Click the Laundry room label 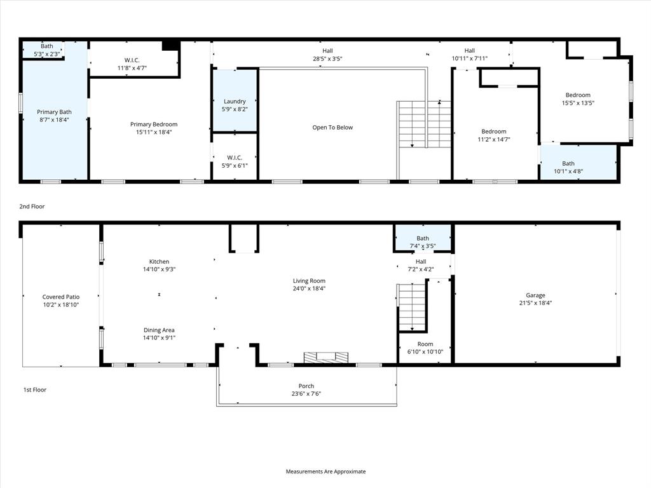[x=235, y=101]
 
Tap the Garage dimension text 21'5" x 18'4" [x=535, y=303]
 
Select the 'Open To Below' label [x=332, y=127]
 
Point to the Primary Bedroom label [x=154, y=124]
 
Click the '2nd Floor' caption [x=32, y=207]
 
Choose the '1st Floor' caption [x=34, y=390]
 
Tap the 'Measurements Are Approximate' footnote [x=325, y=471]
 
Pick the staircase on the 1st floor [x=412, y=307]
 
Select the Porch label [x=306, y=386]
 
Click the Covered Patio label [x=62, y=297]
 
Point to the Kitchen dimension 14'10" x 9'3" [x=159, y=269]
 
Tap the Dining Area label [x=159, y=330]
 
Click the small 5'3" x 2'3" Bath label [x=47, y=46]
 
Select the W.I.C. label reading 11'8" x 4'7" [x=132, y=60]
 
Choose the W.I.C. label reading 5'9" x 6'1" [x=235, y=158]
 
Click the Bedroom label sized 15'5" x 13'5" [x=578, y=95]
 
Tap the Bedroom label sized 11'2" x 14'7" [x=493, y=132]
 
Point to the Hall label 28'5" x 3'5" [x=327, y=51]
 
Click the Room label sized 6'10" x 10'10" [x=425, y=344]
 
